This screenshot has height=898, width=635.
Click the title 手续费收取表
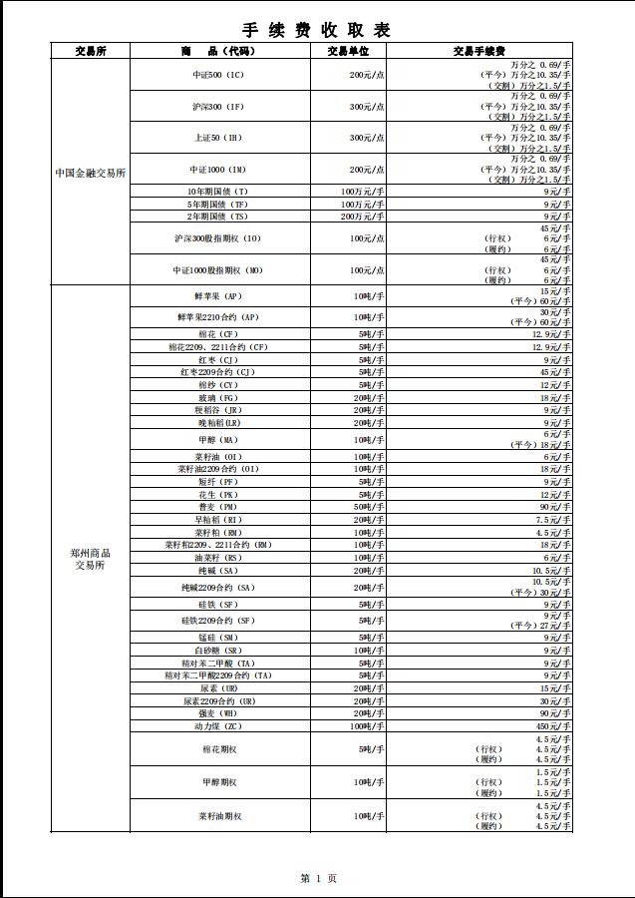317,29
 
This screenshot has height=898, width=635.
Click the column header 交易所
90,51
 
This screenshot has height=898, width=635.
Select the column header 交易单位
348,51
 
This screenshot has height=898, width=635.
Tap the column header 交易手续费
478,51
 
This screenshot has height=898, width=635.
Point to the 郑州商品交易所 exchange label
90,559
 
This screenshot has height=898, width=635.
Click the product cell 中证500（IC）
218,75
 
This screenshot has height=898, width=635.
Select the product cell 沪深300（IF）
218,106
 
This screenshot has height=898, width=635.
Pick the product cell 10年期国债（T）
218,192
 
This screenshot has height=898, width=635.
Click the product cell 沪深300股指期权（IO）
217,238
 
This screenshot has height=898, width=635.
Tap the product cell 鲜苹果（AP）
218,296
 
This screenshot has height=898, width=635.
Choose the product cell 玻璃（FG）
218,398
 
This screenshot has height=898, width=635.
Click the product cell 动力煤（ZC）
218,726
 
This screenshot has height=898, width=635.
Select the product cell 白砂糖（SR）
218,651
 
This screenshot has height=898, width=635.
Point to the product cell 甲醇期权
218,783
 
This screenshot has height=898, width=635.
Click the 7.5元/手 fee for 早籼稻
556,520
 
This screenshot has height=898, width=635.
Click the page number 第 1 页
318,878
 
